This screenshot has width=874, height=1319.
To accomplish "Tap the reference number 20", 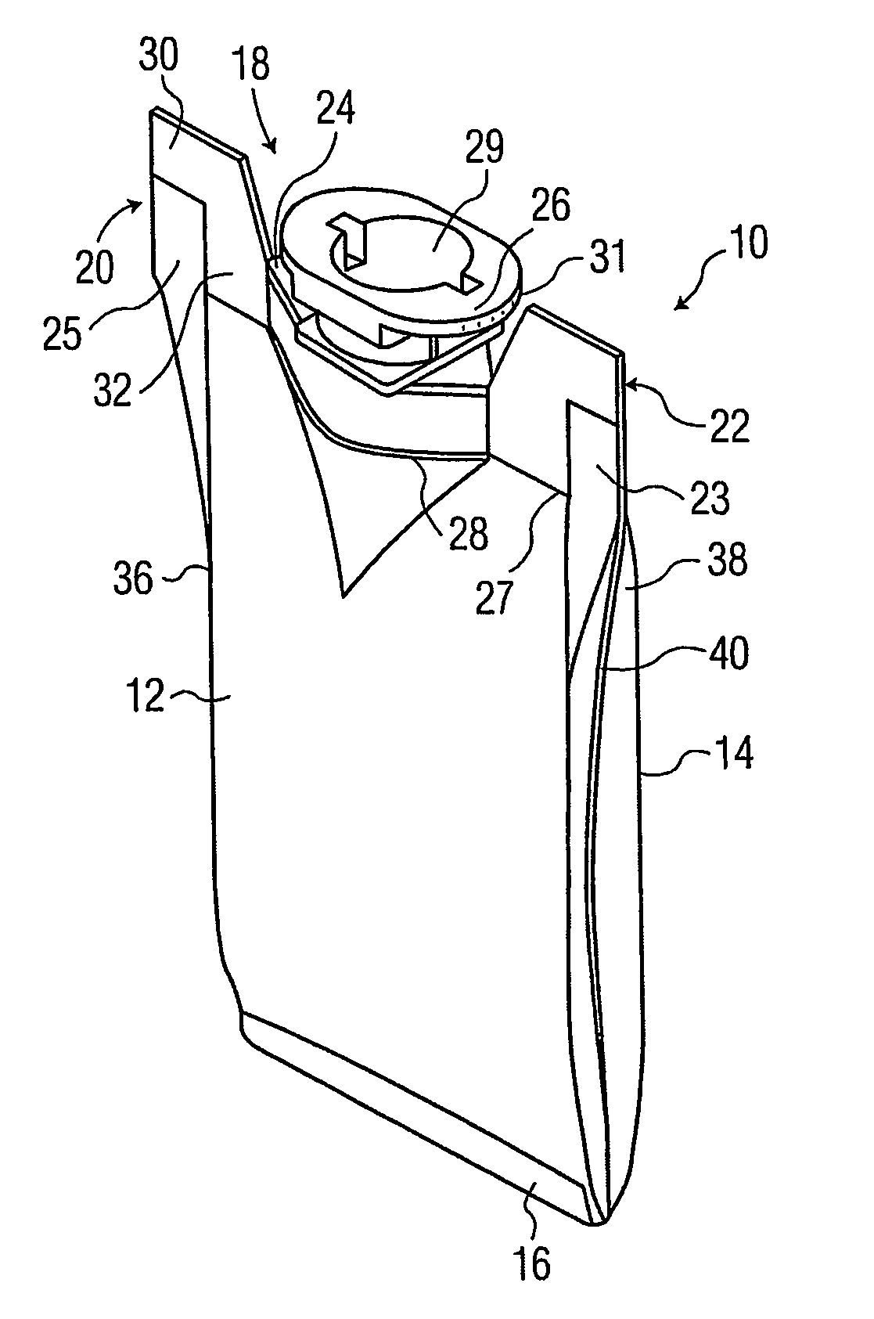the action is coord(95,268).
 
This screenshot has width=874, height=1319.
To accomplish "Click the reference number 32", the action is coord(113,390).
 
